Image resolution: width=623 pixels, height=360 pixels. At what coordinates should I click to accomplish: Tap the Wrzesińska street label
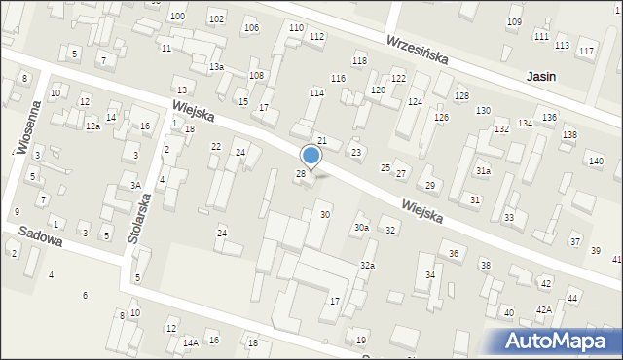tap(416, 51)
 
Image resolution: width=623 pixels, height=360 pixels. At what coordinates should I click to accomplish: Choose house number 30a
tap(361, 227)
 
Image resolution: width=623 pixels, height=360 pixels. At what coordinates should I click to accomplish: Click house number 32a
tap(367, 265)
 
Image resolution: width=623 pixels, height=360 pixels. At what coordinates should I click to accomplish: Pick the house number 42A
tap(543, 309)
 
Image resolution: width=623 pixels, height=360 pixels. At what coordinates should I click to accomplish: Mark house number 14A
tap(191, 342)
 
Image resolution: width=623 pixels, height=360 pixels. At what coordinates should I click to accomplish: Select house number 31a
tap(483, 170)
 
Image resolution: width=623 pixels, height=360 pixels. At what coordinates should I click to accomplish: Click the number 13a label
tap(216, 66)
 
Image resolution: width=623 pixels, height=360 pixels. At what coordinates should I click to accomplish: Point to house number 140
tap(596, 161)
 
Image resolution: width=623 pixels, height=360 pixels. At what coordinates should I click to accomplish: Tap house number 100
tap(177, 17)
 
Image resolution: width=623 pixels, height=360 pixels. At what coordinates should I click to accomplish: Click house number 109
tap(514, 22)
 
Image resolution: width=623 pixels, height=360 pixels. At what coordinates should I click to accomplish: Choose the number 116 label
tap(338, 78)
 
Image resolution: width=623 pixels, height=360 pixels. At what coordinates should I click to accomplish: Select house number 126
tap(442, 117)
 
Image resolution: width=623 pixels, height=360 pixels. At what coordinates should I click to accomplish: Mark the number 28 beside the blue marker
tap(301, 173)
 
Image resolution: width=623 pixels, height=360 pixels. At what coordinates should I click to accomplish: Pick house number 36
tap(454, 253)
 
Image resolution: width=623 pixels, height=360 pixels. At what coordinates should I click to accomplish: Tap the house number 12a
tap(92, 126)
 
